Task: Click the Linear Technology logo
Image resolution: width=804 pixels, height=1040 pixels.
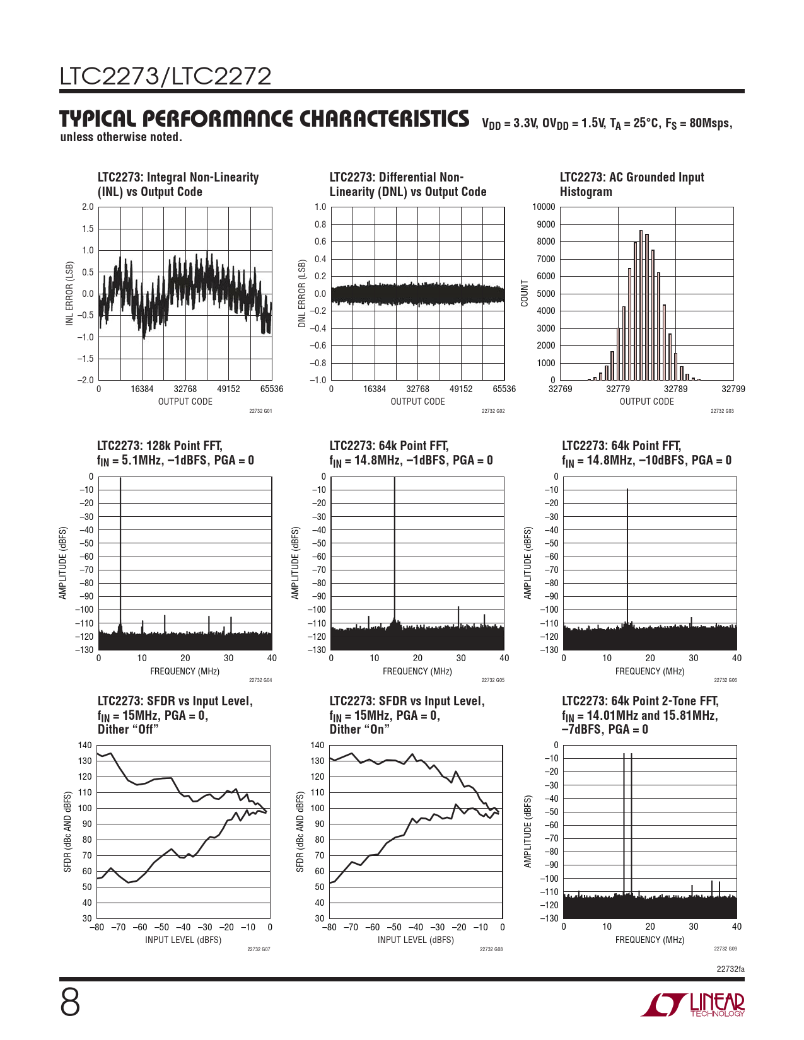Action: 693,1005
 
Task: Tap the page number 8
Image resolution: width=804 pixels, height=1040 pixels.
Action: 70,1002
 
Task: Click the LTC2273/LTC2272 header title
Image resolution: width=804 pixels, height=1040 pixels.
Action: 165,76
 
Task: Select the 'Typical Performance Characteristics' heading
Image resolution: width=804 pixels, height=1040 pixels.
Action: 264,119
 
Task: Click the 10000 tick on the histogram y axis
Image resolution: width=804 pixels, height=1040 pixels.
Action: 544,207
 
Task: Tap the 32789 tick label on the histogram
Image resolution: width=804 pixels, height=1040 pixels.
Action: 675,389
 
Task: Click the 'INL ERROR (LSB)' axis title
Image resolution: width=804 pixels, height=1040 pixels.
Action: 70,294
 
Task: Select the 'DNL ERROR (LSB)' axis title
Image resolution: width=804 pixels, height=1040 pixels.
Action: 302,293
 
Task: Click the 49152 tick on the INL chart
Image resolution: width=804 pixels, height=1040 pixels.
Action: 228,389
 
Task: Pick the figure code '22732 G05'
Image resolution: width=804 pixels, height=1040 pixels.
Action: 492,680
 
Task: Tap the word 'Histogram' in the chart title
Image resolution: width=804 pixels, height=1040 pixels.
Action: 586,192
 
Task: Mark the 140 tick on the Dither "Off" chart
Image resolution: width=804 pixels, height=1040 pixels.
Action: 85,746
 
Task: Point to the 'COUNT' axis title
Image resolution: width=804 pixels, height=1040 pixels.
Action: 525,294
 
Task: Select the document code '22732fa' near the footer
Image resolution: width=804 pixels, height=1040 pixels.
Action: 730,969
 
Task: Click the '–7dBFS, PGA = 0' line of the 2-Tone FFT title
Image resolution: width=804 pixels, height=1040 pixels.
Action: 605,729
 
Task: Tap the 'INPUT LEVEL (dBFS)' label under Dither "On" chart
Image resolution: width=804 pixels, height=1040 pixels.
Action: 416,940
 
